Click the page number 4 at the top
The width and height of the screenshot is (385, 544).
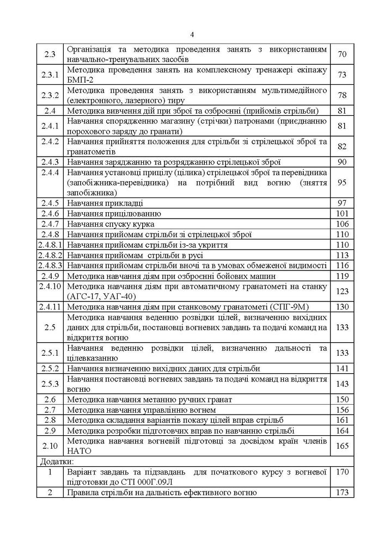[193, 32]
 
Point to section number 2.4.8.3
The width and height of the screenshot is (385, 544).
[50, 265]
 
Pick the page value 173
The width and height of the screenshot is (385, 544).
[342, 492]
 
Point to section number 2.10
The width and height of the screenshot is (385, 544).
[50, 446]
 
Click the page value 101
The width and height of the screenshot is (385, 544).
[342, 213]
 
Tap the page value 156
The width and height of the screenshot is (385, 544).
[342, 410]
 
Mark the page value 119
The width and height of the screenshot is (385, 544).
[342, 276]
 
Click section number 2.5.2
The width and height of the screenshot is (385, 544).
[50, 369]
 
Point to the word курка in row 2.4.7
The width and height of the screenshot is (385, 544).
[144, 224]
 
